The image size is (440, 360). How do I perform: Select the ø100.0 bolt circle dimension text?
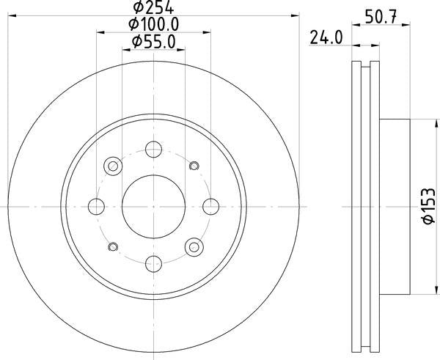click(x=154, y=25)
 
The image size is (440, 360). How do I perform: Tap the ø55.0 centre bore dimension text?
click(x=154, y=43)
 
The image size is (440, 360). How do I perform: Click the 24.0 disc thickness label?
click(x=326, y=37)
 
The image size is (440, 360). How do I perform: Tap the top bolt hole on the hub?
click(x=153, y=150)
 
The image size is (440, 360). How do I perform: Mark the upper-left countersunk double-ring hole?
click(x=114, y=166)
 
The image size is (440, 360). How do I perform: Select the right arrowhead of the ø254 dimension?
click(x=296, y=14)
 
